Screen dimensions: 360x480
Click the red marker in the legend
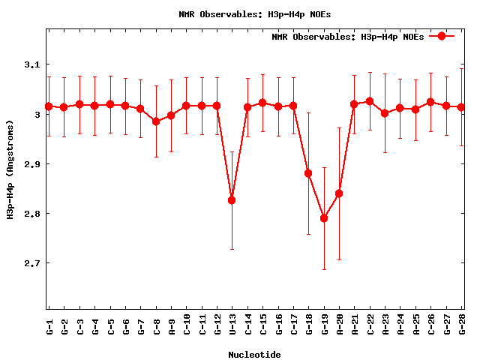coord(442,36)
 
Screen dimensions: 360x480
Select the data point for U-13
coord(232,200)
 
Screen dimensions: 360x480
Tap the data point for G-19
coord(324,218)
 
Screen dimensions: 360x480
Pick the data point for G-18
coord(308,173)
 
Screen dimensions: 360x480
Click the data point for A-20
coord(339,193)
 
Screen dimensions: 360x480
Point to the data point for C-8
coord(156,121)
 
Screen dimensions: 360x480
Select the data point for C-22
coord(370,101)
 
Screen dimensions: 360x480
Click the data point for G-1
coord(49,106)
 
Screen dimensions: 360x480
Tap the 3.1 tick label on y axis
coord(31,65)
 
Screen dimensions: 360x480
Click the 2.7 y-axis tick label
coord(31,263)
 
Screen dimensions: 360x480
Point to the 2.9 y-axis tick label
coord(31,164)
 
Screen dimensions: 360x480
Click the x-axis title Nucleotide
coord(255,355)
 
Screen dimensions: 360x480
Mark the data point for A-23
coord(385,113)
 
